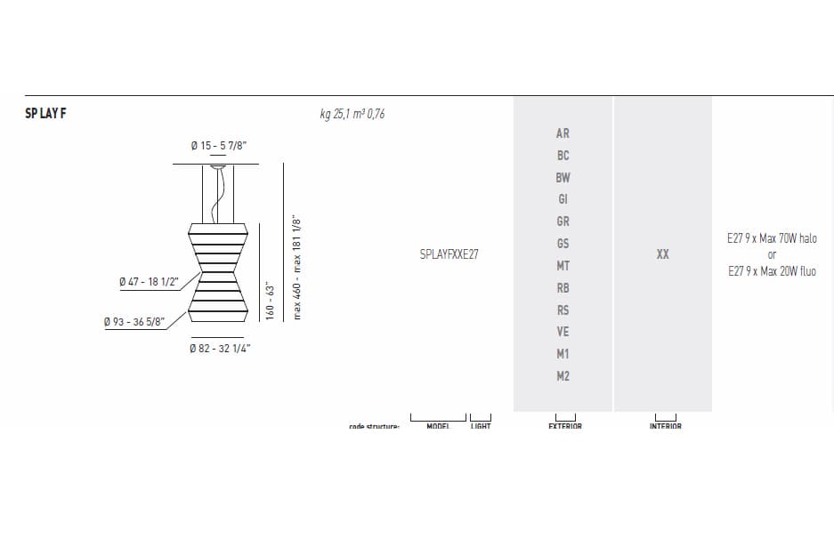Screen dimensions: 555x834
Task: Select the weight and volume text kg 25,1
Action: pos(352,114)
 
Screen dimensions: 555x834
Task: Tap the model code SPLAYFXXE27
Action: pos(449,254)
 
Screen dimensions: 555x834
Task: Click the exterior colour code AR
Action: pos(563,133)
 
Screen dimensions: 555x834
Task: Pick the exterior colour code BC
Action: pos(563,156)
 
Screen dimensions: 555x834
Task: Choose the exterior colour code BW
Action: pos(563,178)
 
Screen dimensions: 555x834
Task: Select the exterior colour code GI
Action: pos(563,199)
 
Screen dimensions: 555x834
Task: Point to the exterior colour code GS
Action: pos(563,244)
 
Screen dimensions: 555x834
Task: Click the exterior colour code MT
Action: pos(563,266)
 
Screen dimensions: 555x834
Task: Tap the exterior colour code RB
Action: pos(563,288)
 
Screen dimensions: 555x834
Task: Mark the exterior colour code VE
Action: pos(563,332)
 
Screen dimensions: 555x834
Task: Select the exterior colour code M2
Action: pos(563,376)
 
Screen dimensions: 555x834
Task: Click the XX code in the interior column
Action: pos(662,254)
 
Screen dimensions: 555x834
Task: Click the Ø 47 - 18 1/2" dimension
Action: pos(149,282)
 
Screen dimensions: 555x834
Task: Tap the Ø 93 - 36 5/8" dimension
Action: pos(134,322)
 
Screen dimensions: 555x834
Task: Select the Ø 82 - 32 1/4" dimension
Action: pos(220,349)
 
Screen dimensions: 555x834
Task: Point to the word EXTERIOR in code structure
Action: pos(565,426)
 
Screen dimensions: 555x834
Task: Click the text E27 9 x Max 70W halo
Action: pos(772,239)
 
